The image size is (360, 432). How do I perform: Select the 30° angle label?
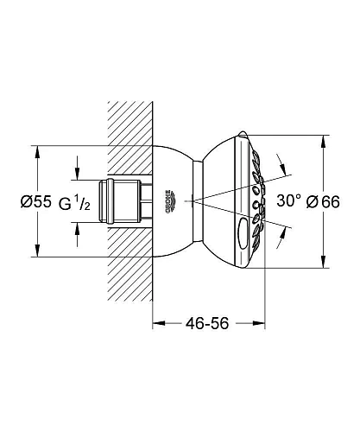[288, 200]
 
